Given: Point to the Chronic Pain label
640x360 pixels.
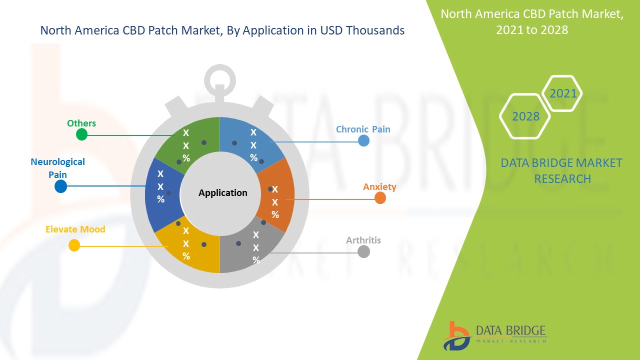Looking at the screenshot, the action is [363, 129].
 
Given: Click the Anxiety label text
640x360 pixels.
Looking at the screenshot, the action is [379, 187].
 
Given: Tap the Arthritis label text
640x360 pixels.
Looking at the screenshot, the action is [363, 240].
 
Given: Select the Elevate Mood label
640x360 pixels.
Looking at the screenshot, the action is [75, 229].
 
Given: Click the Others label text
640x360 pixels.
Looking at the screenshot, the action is [81, 123].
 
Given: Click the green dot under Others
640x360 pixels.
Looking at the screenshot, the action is [81, 134].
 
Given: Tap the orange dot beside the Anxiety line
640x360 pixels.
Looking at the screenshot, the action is [380, 197].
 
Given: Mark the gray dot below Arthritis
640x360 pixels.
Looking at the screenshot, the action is [363, 251].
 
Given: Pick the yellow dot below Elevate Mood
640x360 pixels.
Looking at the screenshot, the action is [74, 245].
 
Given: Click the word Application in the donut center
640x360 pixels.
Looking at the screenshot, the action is [223, 193].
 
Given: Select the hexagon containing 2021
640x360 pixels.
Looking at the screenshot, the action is [562, 93].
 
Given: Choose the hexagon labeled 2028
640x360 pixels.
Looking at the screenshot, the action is [525, 116].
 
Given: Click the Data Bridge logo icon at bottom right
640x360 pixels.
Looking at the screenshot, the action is [457, 336].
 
